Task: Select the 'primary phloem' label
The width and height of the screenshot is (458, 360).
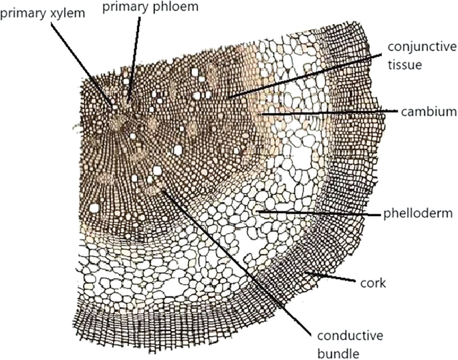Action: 141,7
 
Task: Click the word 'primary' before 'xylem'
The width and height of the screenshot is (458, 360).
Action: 19,14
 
